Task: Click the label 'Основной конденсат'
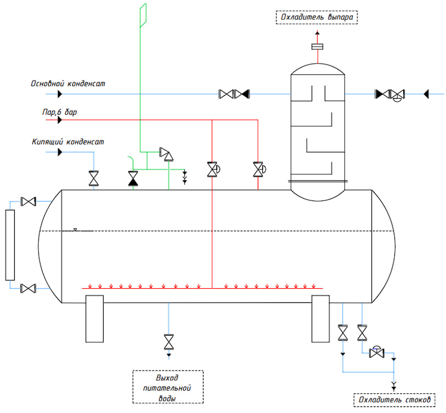pos(67,83)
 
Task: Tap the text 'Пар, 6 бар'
pos(59,112)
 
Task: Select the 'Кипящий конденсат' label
pos(67,141)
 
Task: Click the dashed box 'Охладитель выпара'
pos(317,17)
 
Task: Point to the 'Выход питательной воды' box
pos(168,387)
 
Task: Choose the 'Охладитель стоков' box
pos(394,400)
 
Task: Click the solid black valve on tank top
pos(133,179)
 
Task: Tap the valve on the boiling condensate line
pos(94,179)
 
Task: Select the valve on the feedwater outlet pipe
pos(168,342)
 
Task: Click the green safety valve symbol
pos(167,154)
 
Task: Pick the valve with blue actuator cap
pos(376,353)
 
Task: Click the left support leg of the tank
pos(94,319)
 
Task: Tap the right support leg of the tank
pos(320,319)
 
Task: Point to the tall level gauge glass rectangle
pos(10,245)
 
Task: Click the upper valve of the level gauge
pos(28,202)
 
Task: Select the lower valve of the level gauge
pos(28,289)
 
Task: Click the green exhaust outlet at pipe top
pos(143,15)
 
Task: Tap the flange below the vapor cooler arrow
pos(318,47)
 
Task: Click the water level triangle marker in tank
pos(75,230)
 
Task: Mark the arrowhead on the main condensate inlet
pos(60,94)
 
